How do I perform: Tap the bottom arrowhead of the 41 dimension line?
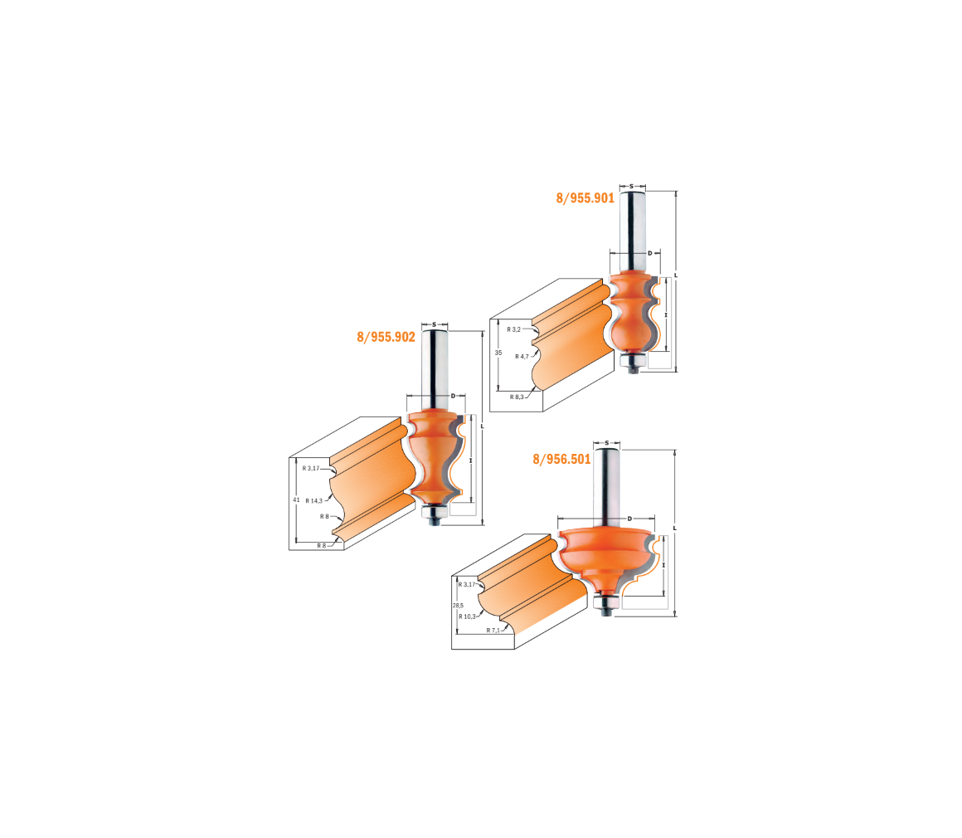click(x=296, y=542)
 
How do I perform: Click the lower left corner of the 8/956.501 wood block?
click(x=451, y=649)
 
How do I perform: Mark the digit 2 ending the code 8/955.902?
click(x=411, y=337)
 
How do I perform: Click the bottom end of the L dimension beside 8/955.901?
click(x=676, y=372)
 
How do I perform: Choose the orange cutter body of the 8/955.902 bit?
click(x=434, y=457)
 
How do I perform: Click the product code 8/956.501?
click(x=561, y=459)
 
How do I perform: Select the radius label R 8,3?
click(x=517, y=397)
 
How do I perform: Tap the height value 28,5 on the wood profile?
click(x=458, y=606)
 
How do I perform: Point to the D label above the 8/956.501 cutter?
click(x=629, y=519)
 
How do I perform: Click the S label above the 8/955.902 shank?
click(x=435, y=324)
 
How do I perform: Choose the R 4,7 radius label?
click(x=522, y=357)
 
